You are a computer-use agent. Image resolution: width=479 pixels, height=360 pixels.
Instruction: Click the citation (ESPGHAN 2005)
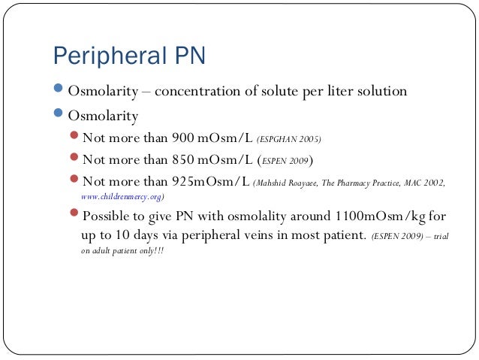[289, 139]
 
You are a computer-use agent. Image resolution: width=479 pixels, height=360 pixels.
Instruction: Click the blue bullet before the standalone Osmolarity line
[59, 116]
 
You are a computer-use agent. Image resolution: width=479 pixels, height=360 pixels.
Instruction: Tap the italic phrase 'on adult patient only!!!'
[122, 250]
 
